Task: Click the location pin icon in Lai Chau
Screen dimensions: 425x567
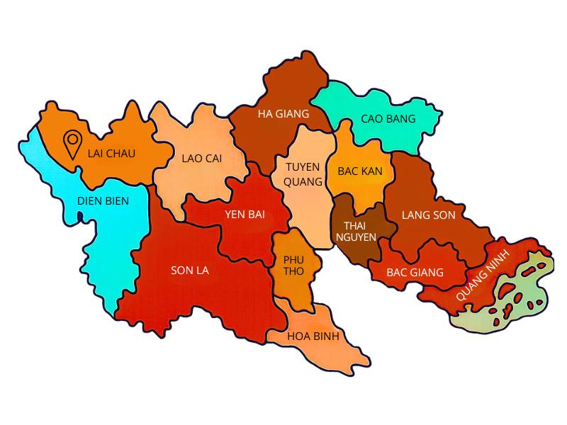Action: tap(72, 144)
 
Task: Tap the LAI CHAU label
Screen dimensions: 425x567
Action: tap(111, 153)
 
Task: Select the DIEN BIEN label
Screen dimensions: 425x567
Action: tap(103, 201)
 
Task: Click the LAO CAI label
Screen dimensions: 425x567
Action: tap(201, 159)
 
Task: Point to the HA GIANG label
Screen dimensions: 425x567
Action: tap(283, 113)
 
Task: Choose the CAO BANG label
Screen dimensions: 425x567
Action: tap(388, 118)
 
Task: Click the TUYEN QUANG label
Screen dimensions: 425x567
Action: tap(303, 174)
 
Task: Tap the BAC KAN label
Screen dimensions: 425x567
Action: tap(360, 171)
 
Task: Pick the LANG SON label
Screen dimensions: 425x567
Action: tap(428, 215)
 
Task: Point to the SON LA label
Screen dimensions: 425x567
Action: tap(190, 270)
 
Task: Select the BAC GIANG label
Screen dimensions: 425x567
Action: tap(415, 272)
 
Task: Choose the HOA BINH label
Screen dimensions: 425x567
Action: tap(314, 336)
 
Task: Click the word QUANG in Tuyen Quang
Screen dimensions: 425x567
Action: tap(303, 181)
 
